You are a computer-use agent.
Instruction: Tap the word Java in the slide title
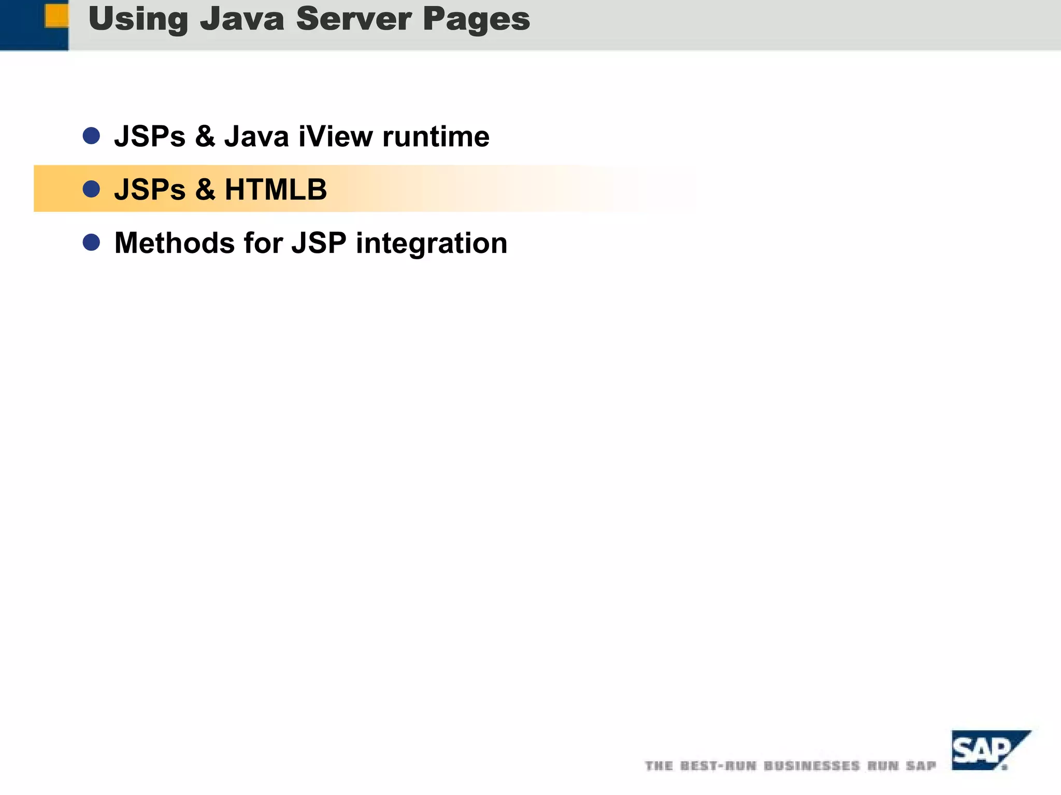coord(242,19)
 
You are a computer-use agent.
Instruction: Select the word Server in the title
coord(354,19)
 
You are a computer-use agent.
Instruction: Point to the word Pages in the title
coord(476,19)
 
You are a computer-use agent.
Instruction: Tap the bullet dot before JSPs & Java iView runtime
coord(91,136)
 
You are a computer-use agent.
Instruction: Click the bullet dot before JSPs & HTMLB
coord(91,189)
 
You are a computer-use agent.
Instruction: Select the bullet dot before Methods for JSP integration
coord(91,242)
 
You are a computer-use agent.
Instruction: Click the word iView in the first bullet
coord(336,136)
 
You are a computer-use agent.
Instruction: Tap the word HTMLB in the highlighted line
coord(276,189)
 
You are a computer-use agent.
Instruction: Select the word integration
coord(431,244)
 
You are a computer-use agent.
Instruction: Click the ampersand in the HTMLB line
coord(205,189)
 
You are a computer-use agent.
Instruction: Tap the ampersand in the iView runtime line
coord(205,136)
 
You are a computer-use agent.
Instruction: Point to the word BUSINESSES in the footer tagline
coord(811,765)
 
